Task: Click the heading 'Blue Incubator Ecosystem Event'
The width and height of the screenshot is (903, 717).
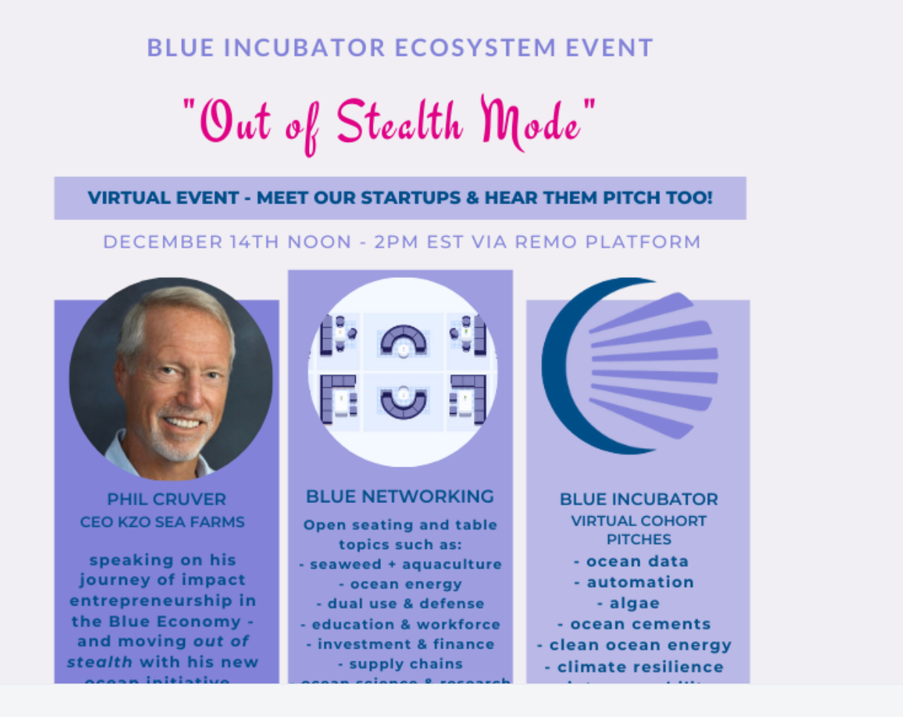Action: point(400,48)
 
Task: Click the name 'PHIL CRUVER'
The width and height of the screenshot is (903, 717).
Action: point(166,499)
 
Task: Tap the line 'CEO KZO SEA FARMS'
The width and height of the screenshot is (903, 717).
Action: point(162,522)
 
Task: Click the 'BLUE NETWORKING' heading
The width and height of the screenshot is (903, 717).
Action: point(400,496)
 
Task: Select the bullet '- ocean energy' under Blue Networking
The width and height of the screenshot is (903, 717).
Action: point(400,584)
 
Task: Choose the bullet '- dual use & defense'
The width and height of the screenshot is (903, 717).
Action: point(400,603)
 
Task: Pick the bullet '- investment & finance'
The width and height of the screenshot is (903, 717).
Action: point(400,643)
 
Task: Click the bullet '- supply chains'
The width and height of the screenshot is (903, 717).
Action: point(400,664)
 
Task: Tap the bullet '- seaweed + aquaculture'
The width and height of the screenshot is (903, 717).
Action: point(400,564)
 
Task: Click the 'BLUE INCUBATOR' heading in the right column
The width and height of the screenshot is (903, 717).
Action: point(639,499)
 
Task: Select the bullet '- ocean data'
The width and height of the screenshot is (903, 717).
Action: point(631,562)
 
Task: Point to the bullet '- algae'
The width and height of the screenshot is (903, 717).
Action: point(628,603)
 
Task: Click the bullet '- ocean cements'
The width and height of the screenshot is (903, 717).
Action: point(634,624)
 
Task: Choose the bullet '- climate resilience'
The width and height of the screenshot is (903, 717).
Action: point(634,666)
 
